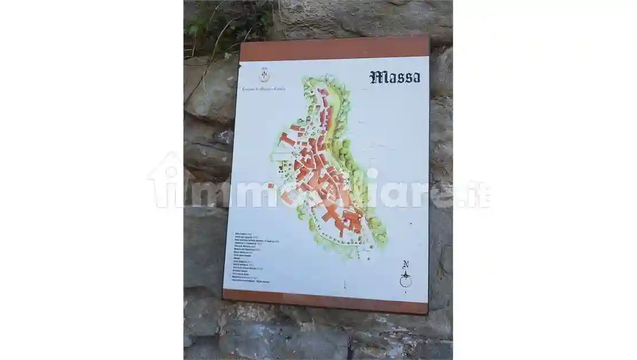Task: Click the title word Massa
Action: (x=395, y=77)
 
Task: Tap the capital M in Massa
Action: (x=377, y=77)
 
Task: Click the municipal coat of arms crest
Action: (x=264, y=75)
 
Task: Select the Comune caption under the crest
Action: (x=264, y=89)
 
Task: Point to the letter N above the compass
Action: (x=406, y=265)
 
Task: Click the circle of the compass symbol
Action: (x=406, y=280)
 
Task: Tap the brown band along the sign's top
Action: (x=334, y=48)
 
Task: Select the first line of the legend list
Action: (x=247, y=234)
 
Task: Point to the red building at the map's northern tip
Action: (x=324, y=92)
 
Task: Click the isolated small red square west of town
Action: (x=271, y=186)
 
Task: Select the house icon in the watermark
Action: (x=166, y=181)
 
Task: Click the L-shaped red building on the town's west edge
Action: (x=286, y=139)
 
